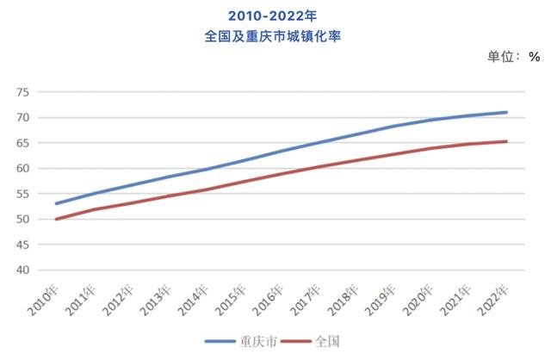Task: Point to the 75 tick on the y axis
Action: click(23, 92)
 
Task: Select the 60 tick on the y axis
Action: click(23, 169)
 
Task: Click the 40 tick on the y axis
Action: click(23, 270)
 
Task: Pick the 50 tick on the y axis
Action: click(23, 220)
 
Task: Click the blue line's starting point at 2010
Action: click(56, 204)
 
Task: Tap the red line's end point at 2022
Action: click(507, 141)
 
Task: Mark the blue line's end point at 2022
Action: click(507, 112)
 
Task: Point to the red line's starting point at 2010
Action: click(56, 219)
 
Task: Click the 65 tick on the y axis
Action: click(23, 143)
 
